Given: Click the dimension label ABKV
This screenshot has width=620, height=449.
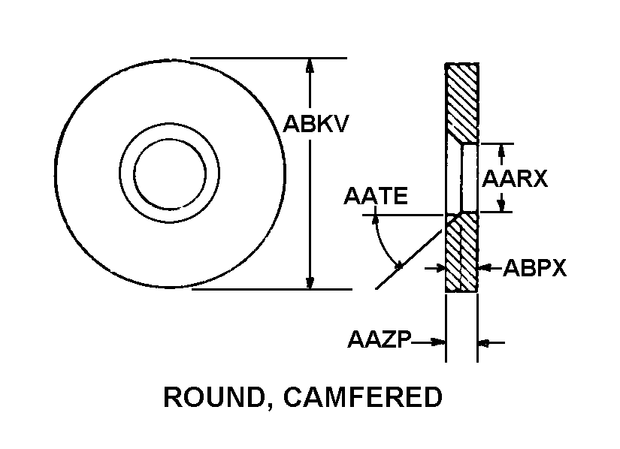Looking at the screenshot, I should pyautogui.click(x=316, y=122).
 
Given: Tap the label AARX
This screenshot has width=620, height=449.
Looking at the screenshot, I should pyautogui.click(x=515, y=179).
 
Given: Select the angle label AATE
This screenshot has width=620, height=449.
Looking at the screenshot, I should pyautogui.click(x=376, y=197).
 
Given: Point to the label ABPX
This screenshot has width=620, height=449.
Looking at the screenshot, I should pyautogui.click(x=534, y=268).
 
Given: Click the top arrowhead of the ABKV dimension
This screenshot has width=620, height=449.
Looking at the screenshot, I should pyautogui.click(x=309, y=65).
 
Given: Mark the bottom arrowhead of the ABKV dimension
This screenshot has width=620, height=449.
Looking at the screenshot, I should pyautogui.click(x=309, y=282).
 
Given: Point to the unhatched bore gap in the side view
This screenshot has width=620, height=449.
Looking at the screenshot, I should pyautogui.click(x=469, y=178).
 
